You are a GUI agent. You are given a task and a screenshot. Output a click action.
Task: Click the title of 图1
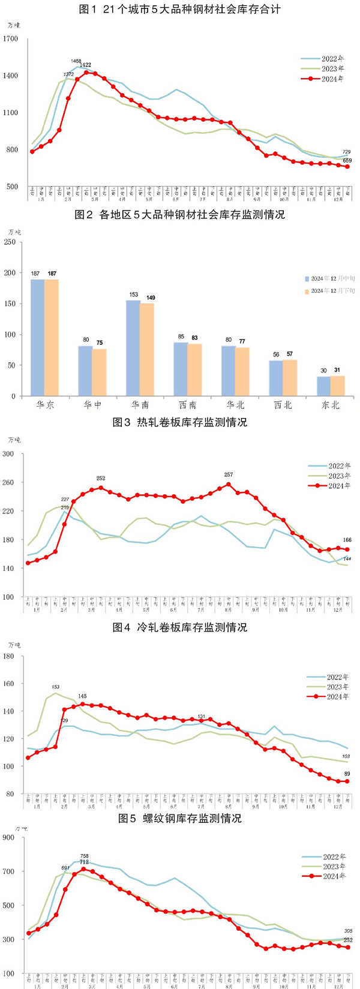coord(179,10)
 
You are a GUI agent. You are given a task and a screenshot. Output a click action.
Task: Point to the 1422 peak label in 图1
coord(85,65)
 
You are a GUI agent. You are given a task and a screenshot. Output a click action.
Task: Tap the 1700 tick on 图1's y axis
coord(11,39)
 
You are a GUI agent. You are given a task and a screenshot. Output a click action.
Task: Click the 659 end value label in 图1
coord(347,160)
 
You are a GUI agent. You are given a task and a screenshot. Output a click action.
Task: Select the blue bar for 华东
coord(37,337)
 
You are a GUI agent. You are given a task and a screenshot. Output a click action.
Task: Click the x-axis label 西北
coord(283,405)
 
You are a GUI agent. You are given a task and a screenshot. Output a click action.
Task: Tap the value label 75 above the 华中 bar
coord(100,343)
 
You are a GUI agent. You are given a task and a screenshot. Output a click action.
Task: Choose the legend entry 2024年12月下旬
coord(332,291)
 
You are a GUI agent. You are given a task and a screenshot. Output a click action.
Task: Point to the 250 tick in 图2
coord(10,242)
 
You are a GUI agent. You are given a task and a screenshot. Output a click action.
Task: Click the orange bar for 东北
coord(338,386)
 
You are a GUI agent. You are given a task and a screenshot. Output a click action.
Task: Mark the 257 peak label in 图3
coord(228,475)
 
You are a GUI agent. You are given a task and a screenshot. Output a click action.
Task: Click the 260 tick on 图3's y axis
coord(10,482)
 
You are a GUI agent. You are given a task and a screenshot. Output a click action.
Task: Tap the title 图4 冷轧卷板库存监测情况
coord(179,627)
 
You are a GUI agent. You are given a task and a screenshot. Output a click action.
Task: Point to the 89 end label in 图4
coord(347,774)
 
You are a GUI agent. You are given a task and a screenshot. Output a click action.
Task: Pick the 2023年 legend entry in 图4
coord(337,687)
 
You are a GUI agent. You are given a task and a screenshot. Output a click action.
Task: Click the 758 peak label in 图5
coord(84,856)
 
